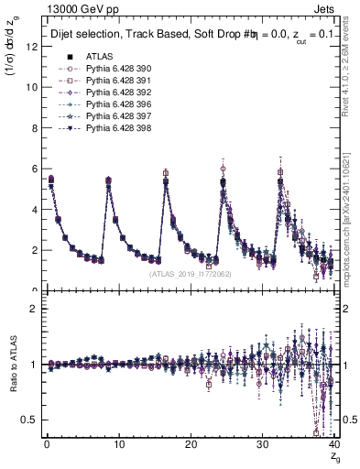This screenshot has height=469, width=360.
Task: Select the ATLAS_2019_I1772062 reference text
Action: [x=190, y=273]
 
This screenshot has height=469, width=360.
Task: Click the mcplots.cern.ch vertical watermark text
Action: [x=353, y=229]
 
